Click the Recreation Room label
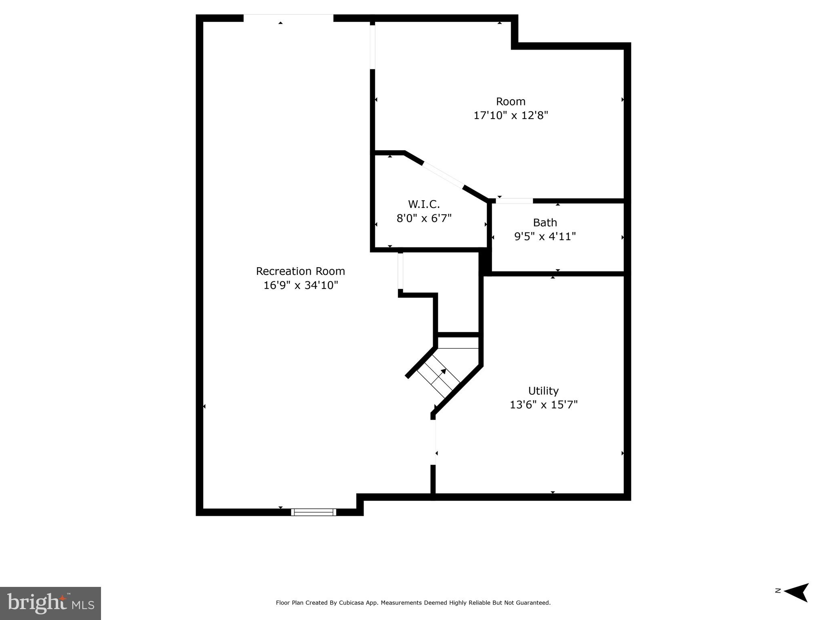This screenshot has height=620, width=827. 300,271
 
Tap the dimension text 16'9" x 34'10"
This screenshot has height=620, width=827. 300,285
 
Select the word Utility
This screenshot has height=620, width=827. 543,391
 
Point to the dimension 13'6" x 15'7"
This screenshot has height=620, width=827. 543,404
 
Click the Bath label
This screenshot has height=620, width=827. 545,222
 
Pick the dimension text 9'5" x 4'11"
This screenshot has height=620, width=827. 545,237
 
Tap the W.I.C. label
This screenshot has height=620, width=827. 423,204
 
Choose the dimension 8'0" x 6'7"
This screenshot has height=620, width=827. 423,218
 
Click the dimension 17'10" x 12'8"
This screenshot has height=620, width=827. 511,115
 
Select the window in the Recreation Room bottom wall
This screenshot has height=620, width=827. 314,512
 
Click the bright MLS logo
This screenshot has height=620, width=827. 51,603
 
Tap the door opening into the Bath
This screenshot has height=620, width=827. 514,201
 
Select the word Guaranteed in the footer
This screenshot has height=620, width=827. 533,603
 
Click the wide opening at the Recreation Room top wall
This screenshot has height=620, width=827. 288,18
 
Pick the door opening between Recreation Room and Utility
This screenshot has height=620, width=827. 433,442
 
